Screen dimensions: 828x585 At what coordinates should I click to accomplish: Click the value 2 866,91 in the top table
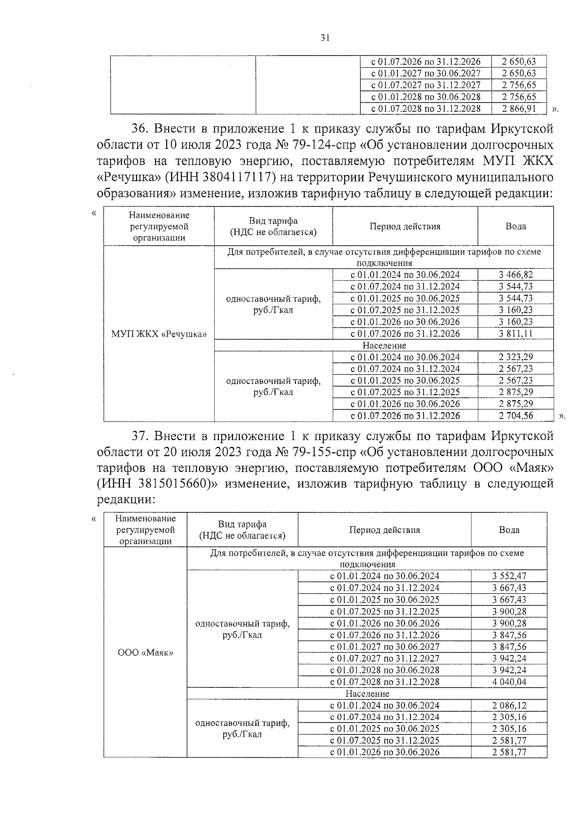(519, 109)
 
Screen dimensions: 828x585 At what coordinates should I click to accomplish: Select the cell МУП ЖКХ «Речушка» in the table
(159, 334)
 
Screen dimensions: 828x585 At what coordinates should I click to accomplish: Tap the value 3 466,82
(515, 275)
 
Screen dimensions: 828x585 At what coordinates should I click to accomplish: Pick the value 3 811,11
(515, 334)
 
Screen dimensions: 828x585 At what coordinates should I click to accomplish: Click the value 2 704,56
(515, 416)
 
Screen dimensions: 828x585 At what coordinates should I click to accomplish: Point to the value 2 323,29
(515, 357)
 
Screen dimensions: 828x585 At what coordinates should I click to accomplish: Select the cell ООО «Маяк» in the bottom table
(145, 653)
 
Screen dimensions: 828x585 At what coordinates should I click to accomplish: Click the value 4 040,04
(509, 682)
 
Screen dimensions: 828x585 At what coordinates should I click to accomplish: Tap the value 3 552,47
(509, 576)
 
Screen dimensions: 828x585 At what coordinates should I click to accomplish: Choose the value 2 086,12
(509, 706)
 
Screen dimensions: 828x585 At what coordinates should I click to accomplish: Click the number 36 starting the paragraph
(139, 129)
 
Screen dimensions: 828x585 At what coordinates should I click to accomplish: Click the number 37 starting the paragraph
(139, 435)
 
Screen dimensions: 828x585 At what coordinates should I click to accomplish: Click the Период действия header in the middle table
(405, 226)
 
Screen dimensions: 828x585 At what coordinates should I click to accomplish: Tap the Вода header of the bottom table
(509, 530)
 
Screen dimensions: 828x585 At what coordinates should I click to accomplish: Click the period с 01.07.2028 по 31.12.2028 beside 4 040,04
(384, 682)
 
